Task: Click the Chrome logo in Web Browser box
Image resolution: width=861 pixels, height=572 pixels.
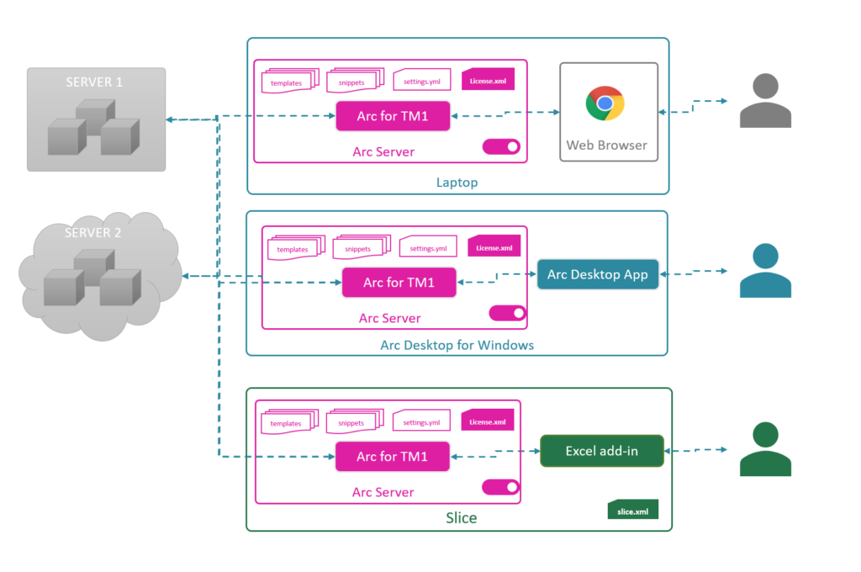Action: pos(605,103)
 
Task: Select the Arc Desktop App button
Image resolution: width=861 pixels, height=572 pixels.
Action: pos(598,275)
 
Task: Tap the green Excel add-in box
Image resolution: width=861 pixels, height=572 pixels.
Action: pos(601,451)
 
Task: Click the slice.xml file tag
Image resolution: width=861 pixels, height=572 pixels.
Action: pos(632,510)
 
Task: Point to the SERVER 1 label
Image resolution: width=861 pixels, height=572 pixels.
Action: pos(94,82)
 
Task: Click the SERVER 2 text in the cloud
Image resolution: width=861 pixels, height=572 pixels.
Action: pos(92,232)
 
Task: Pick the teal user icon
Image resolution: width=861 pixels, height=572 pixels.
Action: pos(765,271)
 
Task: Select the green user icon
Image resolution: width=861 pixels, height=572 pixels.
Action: pos(765,450)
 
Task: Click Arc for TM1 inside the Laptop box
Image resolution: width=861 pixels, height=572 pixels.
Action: pos(392,116)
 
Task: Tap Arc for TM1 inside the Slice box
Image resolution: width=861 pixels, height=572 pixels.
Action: pos(392,456)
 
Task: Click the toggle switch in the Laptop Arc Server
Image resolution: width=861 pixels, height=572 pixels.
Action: pos(501,147)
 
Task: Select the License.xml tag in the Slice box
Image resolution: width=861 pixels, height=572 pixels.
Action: pos(488,421)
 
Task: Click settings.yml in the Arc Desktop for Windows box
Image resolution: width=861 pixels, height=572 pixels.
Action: pos(428,247)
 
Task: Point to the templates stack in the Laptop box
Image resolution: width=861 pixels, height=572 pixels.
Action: pos(287,82)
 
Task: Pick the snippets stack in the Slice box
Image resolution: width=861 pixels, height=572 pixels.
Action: pos(352,421)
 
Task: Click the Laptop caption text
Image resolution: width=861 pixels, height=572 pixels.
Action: pos(457,182)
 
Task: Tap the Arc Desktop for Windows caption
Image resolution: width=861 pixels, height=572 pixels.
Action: pos(457,345)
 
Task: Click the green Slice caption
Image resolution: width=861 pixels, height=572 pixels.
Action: pos(461,517)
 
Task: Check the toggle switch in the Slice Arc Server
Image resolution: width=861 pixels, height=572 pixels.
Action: pos(501,487)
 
